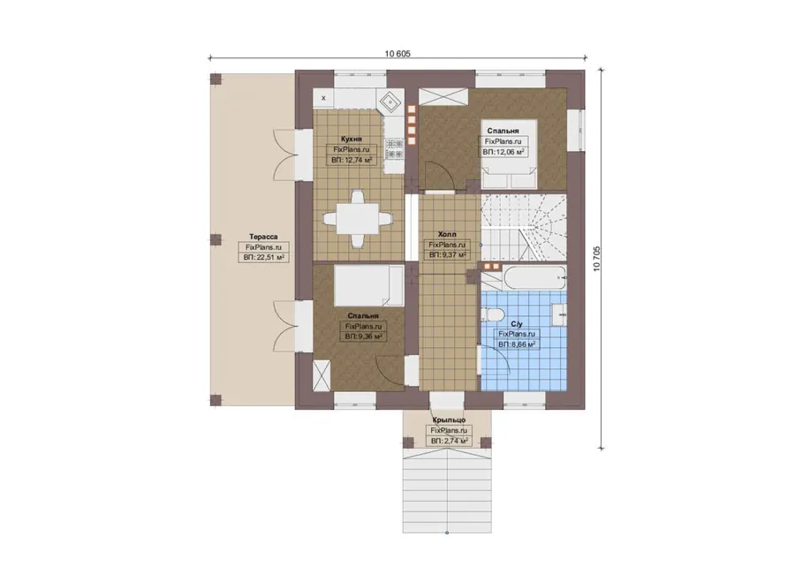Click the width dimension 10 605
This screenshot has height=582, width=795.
[x=397, y=54]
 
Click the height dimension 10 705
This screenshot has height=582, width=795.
[x=596, y=259]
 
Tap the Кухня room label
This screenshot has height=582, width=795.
[x=352, y=139]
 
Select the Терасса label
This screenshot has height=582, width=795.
[x=263, y=237]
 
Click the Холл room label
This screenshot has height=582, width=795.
[x=447, y=234]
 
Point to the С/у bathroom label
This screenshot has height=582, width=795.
[x=517, y=324]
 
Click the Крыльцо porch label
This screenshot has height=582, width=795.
[x=450, y=419]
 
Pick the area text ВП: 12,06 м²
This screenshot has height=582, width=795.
[x=503, y=152]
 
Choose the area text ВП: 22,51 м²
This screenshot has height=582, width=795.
[x=263, y=258]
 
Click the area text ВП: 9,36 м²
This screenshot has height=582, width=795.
[x=364, y=336]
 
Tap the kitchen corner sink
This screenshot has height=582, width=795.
[x=390, y=103]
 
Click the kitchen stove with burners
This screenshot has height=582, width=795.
[x=394, y=148]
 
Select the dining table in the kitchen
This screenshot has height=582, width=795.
[x=358, y=219]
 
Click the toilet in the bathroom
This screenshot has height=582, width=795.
[x=492, y=314]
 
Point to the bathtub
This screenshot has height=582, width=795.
[x=534, y=278]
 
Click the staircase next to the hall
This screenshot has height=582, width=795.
[x=523, y=227]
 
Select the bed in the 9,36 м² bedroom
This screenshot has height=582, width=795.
[x=369, y=286]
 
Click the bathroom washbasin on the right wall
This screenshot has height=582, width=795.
[x=559, y=314]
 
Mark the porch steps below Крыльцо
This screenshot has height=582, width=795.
[x=447, y=492]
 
